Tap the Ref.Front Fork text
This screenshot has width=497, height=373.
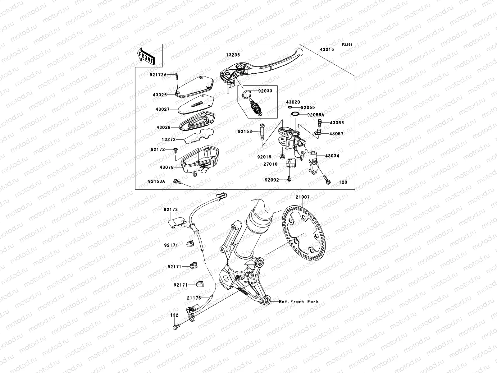pos(299,302)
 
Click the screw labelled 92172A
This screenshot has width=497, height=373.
pos(177,75)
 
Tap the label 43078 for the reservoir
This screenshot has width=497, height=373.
pos(166,167)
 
